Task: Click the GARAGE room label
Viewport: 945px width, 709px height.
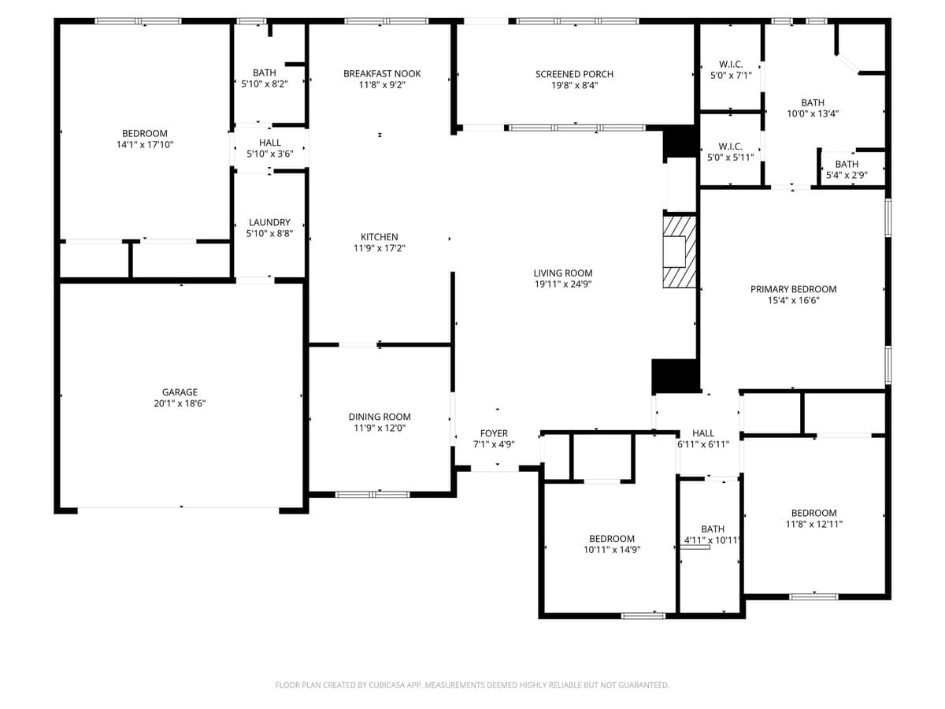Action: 180,392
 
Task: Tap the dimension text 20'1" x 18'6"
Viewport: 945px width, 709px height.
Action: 180,403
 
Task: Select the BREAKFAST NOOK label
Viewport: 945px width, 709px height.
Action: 382,73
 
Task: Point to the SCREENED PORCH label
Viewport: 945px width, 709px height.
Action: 574,74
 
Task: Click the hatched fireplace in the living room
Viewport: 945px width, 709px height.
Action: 679,252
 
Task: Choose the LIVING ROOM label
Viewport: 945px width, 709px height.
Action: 562,273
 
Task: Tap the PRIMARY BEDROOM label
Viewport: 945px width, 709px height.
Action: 793,289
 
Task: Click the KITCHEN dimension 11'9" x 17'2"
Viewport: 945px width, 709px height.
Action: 379,248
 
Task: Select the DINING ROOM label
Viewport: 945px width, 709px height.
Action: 380,417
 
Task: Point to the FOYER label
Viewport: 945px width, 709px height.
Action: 494,433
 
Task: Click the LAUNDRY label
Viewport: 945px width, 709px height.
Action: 269,222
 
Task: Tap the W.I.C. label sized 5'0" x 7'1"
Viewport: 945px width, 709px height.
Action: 730,64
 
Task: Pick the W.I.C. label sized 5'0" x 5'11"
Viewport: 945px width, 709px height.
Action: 730,147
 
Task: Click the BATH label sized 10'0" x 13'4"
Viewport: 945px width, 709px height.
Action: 813,102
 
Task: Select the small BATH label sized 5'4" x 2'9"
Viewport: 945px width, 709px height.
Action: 847,164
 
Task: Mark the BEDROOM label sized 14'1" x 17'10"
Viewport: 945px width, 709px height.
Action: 145,133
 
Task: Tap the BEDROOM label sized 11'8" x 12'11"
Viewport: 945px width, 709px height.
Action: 813,513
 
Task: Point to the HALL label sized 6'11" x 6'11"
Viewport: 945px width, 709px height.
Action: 703,433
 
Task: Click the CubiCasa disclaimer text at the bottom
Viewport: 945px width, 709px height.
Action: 472,685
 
